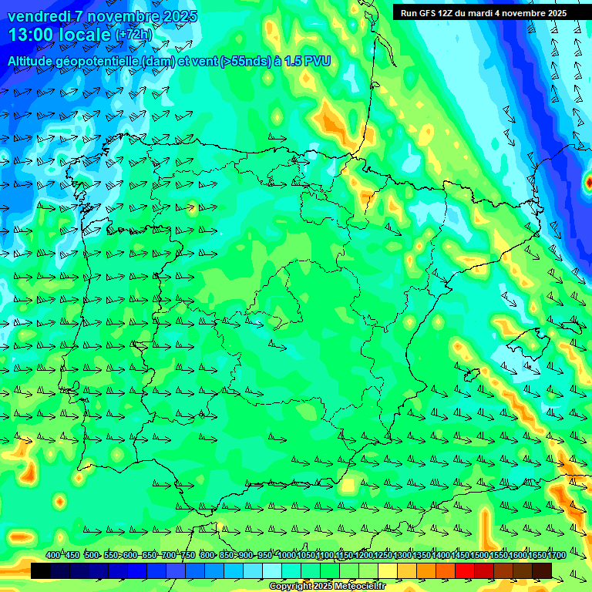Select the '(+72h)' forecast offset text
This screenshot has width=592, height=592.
134,35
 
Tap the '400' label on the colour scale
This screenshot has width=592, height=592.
52,555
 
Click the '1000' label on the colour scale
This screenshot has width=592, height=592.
286,555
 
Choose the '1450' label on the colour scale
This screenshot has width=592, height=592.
460,555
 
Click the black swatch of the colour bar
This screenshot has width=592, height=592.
41,570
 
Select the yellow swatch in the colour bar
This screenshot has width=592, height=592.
388,570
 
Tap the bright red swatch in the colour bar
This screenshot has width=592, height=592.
465,570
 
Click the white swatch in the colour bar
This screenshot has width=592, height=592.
272,570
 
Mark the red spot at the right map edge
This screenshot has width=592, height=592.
589,183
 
